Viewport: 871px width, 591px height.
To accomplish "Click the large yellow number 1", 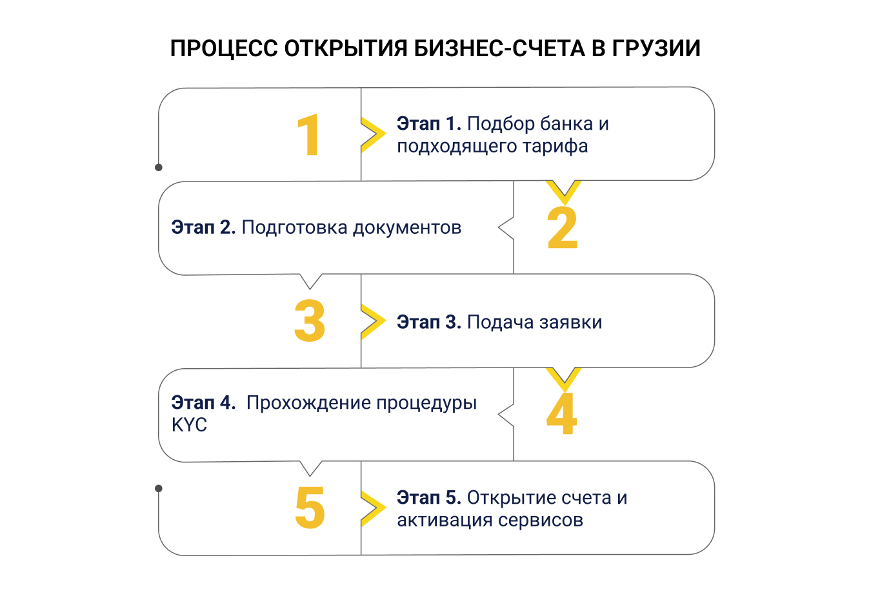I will (x=309, y=135).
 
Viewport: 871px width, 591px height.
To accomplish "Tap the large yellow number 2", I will (x=562, y=228).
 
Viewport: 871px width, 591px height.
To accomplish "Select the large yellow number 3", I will (x=310, y=321).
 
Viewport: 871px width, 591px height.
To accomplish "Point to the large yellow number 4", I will (x=561, y=414).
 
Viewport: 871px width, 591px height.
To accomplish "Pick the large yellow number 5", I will (x=310, y=508).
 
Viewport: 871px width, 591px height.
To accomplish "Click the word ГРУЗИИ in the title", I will (x=656, y=48).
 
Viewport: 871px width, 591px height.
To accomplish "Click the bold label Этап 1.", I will (x=428, y=123).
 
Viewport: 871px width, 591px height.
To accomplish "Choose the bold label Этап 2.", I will (x=203, y=227).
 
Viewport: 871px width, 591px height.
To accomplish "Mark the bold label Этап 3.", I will (x=428, y=322).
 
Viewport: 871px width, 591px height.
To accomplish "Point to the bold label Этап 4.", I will (x=203, y=402).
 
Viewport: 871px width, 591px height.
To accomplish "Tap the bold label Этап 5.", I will (x=428, y=498).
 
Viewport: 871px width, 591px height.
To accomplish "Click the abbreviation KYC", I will (x=189, y=425).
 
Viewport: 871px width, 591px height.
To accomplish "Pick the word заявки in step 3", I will (x=568, y=322).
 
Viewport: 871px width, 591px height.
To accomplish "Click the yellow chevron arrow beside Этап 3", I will (x=374, y=321).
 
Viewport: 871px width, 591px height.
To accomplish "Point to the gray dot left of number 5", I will (x=159, y=488).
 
